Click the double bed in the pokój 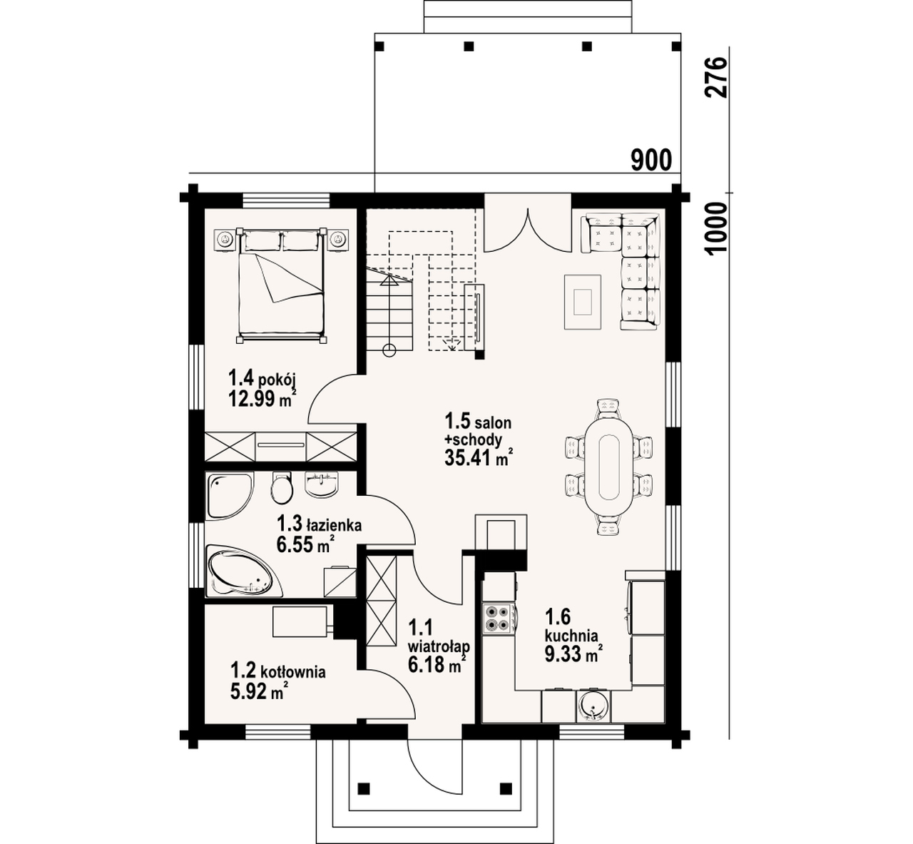coord(281,285)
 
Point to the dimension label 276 coord(716,77)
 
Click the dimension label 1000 coord(716,228)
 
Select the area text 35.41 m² coord(478,458)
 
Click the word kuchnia coord(571,636)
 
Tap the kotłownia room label coord(277,671)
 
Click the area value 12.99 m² coord(262,398)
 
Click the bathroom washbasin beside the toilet coord(322,484)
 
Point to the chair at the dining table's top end coord(608,407)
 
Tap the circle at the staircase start coord(389,351)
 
